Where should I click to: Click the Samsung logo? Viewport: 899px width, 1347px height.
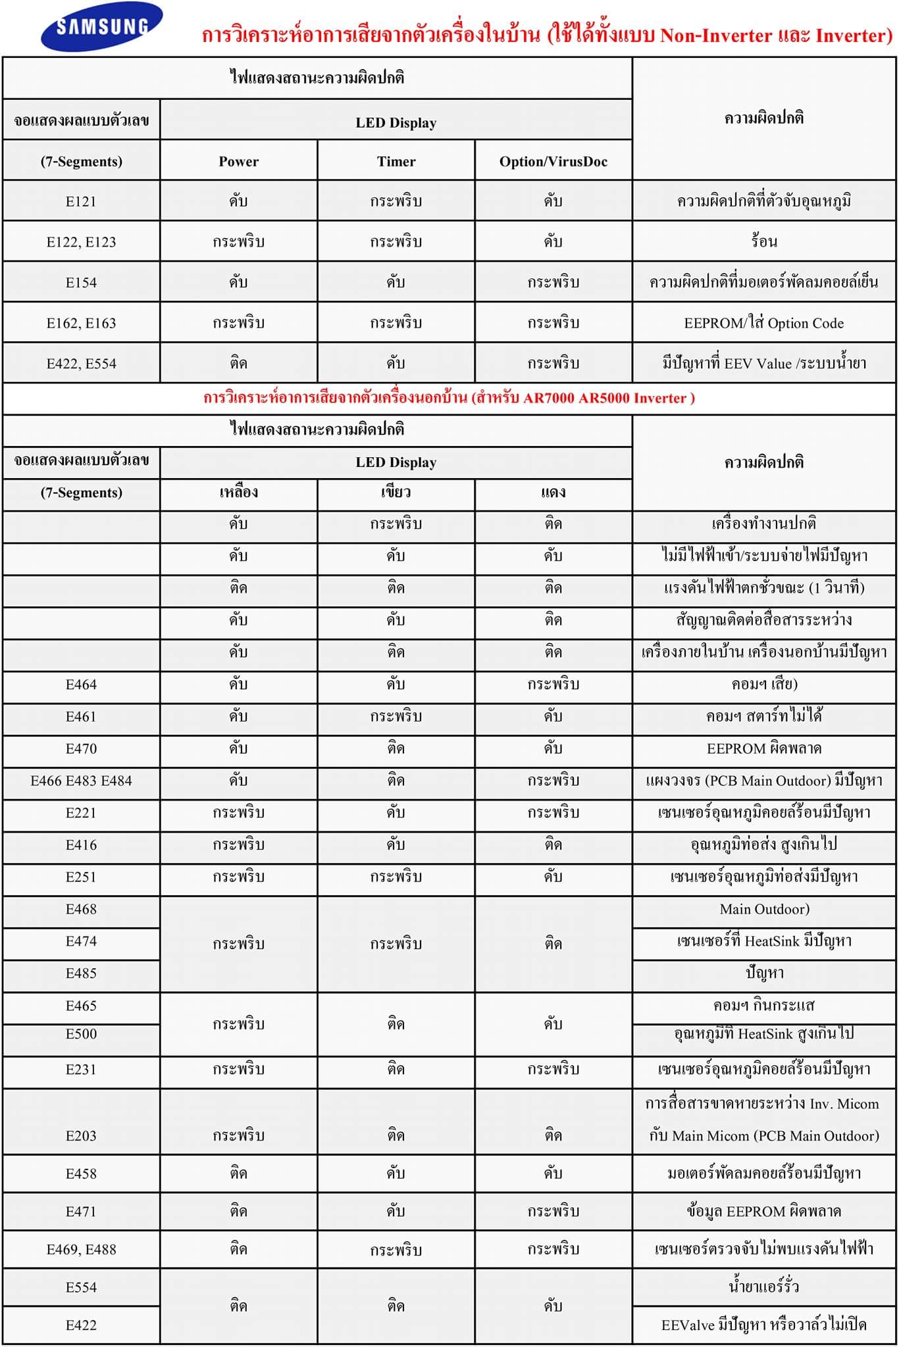click(102, 27)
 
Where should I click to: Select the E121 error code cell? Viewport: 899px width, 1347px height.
click(81, 201)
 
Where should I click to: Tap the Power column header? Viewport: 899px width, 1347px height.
click(238, 161)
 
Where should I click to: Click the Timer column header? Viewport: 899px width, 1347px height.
click(396, 161)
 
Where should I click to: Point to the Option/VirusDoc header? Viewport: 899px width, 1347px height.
click(553, 161)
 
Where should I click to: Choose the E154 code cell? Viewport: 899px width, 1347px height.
click(81, 282)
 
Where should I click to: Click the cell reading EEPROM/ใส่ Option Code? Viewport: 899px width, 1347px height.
click(763, 323)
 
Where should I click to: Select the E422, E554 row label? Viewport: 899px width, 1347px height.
click(81, 363)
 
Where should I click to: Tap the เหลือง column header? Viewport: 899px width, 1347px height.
click(238, 493)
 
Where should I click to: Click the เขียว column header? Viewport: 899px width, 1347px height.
click(396, 493)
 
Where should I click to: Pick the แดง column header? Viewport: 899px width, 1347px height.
click(553, 493)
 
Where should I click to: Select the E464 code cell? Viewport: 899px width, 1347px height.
click(81, 684)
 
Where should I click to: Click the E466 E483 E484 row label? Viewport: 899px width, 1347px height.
click(81, 781)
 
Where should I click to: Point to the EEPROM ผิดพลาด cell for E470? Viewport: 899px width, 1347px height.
click(763, 748)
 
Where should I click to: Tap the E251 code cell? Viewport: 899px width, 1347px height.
click(81, 877)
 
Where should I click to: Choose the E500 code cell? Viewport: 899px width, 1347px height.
click(81, 1033)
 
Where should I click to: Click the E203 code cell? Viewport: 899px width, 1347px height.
click(81, 1135)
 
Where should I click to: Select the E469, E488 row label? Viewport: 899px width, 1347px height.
click(81, 1249)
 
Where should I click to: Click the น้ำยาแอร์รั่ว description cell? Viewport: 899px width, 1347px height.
click(763, 1286)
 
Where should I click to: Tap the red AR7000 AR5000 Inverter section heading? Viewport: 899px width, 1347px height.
click(449, 398)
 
